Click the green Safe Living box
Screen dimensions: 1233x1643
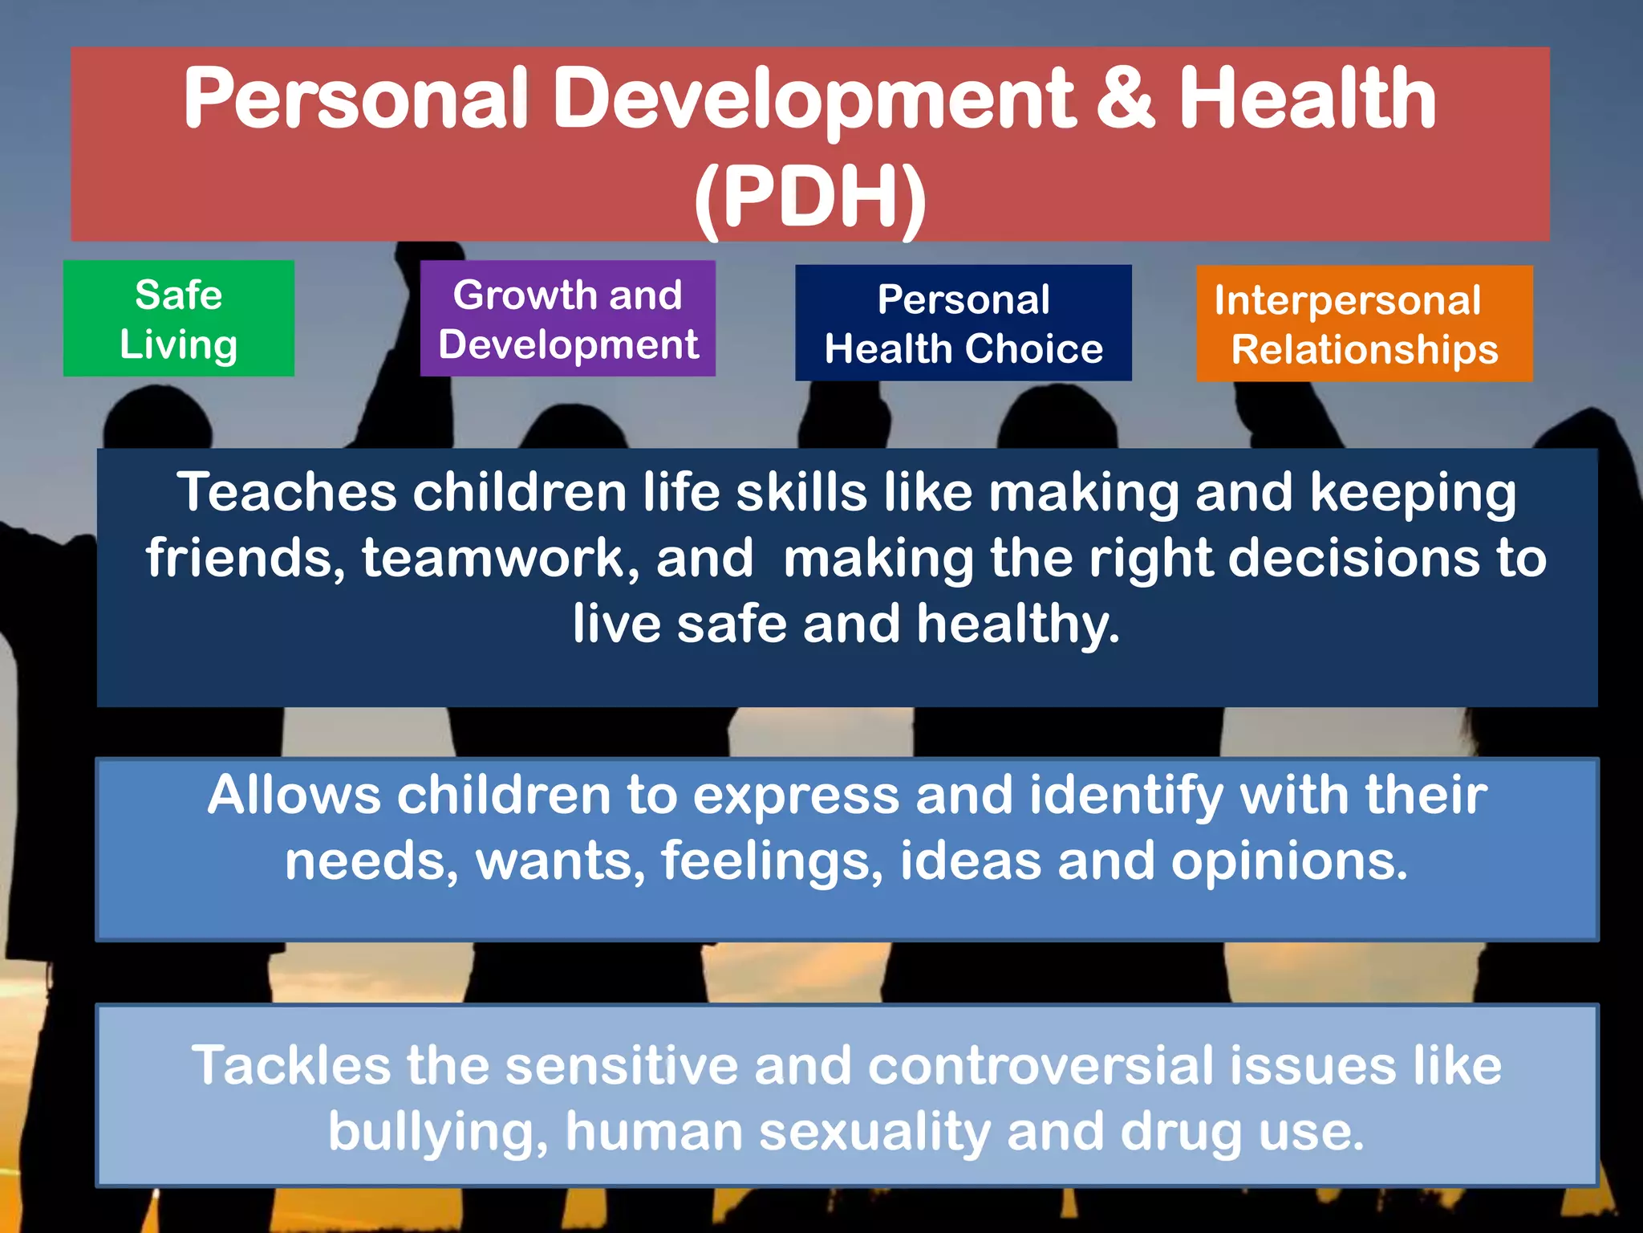point(178,319)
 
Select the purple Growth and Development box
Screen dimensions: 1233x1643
point(567,319)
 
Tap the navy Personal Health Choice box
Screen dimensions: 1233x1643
point(963,323)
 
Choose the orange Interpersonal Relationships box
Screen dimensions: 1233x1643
point(1364,324)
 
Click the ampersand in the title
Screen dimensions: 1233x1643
point(1125,99)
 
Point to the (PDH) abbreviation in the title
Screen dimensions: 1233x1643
point(810,197)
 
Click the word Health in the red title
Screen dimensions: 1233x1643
point(1307,99)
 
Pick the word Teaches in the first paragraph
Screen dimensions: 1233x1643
point(286,492)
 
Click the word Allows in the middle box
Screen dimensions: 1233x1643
point(294,796)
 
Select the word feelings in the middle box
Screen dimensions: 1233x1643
point(772,861)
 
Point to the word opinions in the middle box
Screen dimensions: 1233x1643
point(1288,861)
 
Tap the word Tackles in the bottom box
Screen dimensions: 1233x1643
point(290,1066)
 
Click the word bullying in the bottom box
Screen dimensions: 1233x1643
point(438,1132)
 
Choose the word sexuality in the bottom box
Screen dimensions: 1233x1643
point(874,1132)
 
